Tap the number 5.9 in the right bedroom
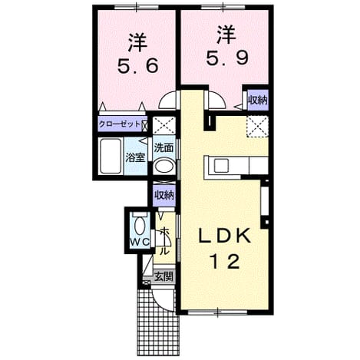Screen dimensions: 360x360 [x=227, y=58]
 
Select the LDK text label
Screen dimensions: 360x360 [x=225, y=236]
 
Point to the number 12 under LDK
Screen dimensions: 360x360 [x=225, y=261]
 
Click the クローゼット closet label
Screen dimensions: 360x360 [x=120, y=124]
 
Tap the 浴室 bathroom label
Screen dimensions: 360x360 [x=135, y=157]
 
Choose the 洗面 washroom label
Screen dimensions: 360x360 [x=164, y=147]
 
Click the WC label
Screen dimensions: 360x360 [x=140, y=242]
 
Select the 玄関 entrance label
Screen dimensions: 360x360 [x=164, y=276]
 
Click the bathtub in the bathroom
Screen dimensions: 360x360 [x=111, y=156]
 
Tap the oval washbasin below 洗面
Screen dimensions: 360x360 [x=164, y=167]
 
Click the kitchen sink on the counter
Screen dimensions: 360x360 [x=221, y=165]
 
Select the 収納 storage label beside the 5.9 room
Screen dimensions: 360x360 [x=258, y=101]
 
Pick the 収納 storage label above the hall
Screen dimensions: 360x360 [x=164, y=196]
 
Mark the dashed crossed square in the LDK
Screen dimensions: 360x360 [x=257, y=127]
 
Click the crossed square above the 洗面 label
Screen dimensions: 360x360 [x=164, y=125]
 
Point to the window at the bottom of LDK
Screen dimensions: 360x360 [x=218, y=312]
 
